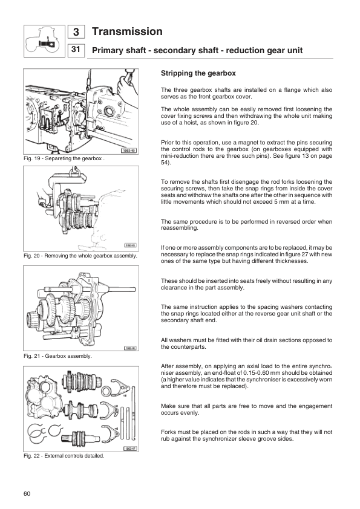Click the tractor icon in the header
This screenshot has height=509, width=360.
coord(44,40)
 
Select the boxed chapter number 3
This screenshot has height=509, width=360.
coord(76,32)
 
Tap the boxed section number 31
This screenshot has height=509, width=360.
coord(76,50)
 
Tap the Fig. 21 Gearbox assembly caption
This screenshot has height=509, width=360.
coord(58,356)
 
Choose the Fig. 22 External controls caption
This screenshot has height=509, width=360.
coord(64,455)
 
